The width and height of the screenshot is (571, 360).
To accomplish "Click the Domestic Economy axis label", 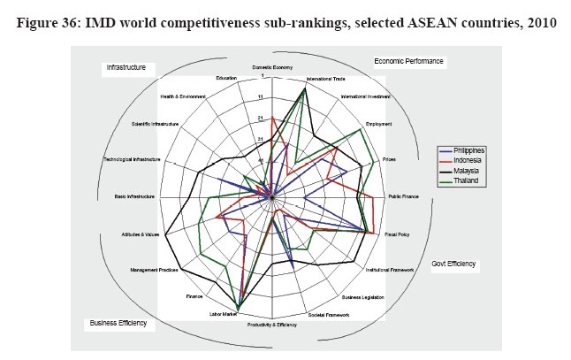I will click(272, 68).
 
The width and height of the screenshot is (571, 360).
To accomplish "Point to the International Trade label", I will click(324, 80).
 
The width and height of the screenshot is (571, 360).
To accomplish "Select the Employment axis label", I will click(377, 124).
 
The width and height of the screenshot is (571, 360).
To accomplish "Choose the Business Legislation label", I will click(362, 297).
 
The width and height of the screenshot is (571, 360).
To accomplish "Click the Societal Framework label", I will click(328, 315).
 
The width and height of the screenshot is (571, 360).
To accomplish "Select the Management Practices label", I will click(155, 270).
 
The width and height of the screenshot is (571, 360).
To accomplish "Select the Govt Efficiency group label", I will click(453, 264).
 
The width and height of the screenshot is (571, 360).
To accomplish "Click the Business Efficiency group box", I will click(118, 324).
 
